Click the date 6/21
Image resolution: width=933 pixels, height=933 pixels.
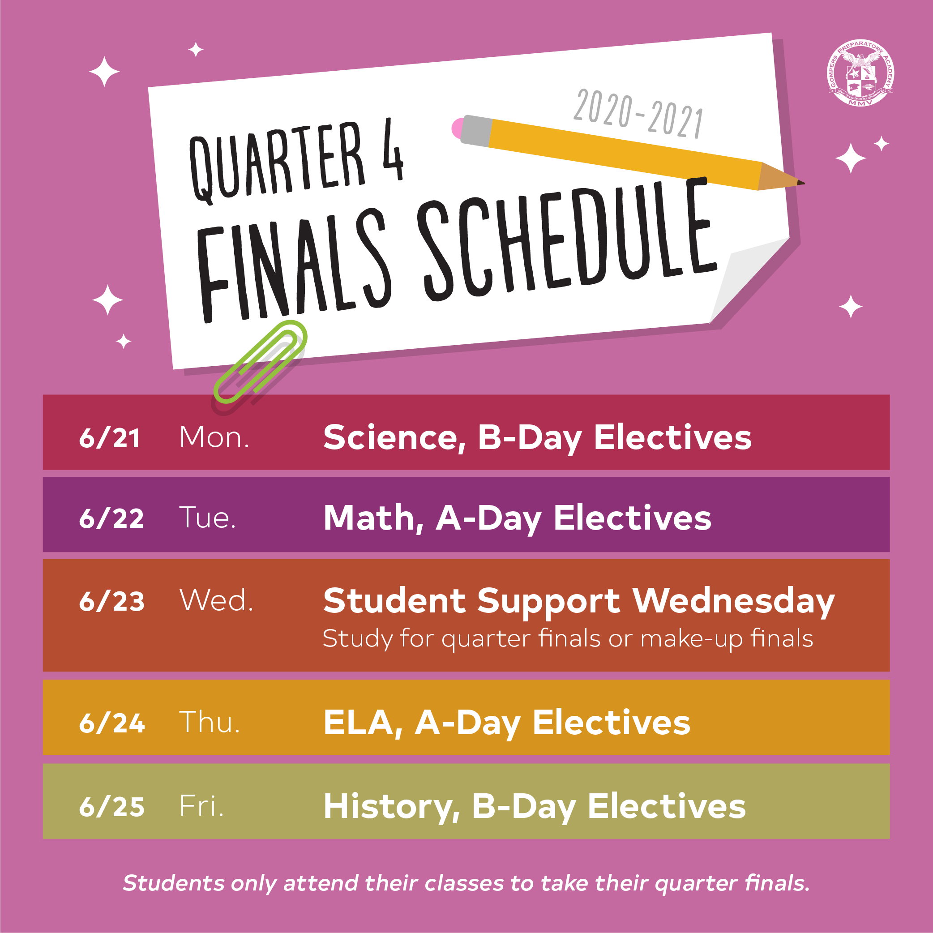(x=110, y=438)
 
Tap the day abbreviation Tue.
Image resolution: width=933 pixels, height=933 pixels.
(x=208, y=518)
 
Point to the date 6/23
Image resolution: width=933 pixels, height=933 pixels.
(x=111, y=601)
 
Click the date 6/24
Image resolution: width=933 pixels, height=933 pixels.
(x=111, y=723)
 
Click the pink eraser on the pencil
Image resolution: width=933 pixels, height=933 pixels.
(x=457, y=128)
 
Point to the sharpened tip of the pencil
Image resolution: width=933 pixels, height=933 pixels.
(x=803, y=183)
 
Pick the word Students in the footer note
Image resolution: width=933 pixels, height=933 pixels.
(x=173, y=883)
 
